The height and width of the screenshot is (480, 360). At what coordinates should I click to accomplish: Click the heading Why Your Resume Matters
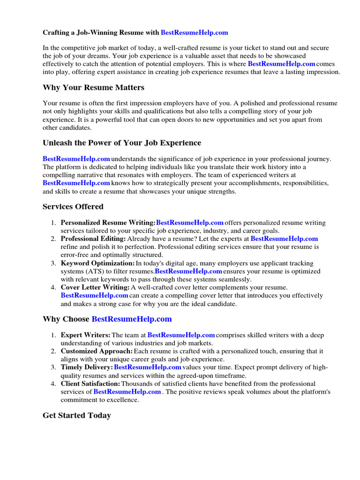[x=93, y=88]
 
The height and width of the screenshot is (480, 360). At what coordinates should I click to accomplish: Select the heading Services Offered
[x=73, y=207]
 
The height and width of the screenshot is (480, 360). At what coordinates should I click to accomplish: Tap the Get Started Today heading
[x=77, y=415]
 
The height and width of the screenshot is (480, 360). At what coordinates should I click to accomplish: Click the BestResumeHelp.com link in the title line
[x=194, y=32]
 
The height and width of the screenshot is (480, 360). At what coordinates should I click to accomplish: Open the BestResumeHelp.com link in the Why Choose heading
[x=132, y=319]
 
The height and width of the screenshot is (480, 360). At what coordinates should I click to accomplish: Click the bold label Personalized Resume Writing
[x=108, y=223]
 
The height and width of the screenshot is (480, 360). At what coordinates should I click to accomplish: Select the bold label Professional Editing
[x=93, y=239]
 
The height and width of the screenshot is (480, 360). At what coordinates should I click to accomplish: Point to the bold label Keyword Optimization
[x=97, y=263]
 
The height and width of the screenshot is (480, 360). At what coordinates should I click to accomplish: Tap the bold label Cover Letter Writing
[x=95, y=287]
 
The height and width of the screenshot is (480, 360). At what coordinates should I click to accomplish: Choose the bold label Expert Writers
[x=86, y=335]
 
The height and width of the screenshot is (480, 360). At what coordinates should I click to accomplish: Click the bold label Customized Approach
[x=97, y=351]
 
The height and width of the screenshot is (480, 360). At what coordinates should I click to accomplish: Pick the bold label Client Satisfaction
[x=90, y=384]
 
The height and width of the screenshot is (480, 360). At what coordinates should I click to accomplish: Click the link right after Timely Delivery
[x=147, y=367]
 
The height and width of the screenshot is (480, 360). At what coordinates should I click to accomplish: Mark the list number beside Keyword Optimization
[x=53, y=263]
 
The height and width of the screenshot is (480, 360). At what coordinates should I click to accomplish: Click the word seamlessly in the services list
[x=236, y=279]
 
